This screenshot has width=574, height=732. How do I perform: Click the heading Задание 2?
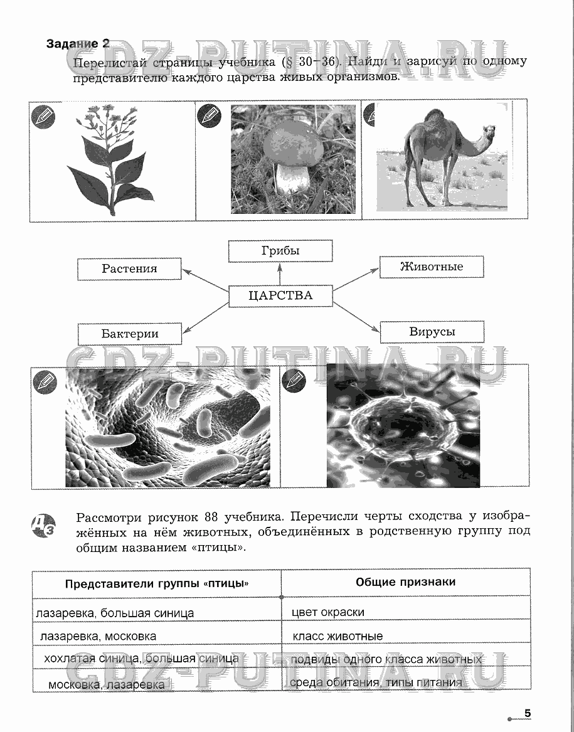pyautogui.click(x=78, y=44)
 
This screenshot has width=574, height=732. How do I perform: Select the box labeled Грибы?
pyautogui.click(x=280, y=251)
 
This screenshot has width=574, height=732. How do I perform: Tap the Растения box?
pyautogui.click(x=129, y=269)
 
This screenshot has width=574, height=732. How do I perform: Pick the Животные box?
pyautogui.click(x=432, y=267)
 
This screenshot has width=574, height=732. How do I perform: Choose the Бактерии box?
pyautogui.click(x=130, y=334)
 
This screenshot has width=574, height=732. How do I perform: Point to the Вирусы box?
pyautogui.click(x=432, y=332)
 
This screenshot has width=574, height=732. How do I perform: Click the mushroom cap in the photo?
pyautogui.click(x=292, y=146)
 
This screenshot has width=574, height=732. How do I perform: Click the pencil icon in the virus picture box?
pyautogui.click(x=293, y=380)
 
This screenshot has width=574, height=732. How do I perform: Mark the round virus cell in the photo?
pyautogui.click(x=401, y=432)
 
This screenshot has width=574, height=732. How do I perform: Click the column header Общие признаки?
pyautogui.click(x=405, y=582)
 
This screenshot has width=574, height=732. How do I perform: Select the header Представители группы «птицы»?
pyautogui.click(x=157, y=584)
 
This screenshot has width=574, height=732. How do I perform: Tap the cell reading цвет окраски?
pyautogui.click(x=328, y=612)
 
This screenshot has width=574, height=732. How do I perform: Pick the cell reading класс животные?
pyautogui.click(x=337, y=636)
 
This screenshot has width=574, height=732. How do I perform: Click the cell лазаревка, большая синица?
pyautogui.click(x=115, y=613)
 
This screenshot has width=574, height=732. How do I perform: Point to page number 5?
pyautogui.click(x=528, y=713)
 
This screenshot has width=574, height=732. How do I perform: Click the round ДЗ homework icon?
pyautogui.click(x=43, y=523)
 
